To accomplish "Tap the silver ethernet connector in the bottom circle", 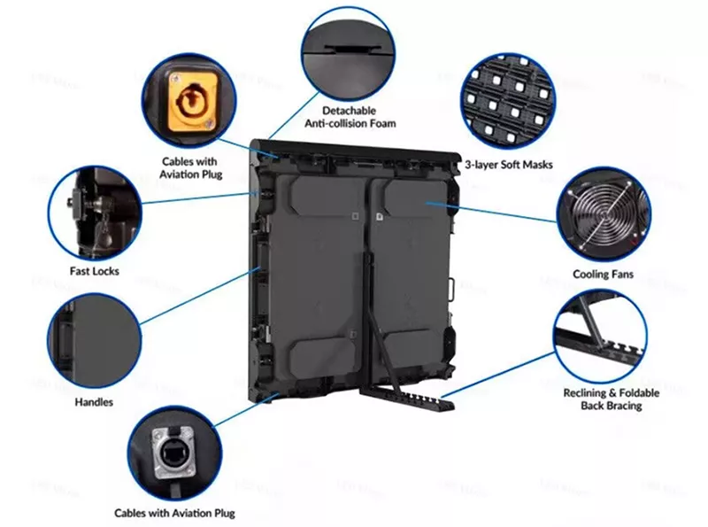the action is click(x=173, y=453).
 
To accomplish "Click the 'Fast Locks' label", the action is click(x=95, y=271).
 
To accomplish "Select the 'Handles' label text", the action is click(x=94, y=402).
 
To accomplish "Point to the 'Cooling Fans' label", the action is click(x=603, y=275).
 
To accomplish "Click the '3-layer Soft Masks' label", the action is click(x=509, y=165).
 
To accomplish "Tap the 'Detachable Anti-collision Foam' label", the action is click(x=350, y=117).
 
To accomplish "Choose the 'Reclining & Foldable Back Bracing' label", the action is click(x=611, y=399).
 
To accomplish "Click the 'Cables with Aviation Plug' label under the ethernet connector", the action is click(x=174, y=513).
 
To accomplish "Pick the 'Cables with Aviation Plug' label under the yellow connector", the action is click(x=190, y=167).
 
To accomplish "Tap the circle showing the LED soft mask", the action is click(x=507, y=102).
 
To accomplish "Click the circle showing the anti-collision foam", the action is click(x=348, y=54).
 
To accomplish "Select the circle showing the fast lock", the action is click(x=95, y=213).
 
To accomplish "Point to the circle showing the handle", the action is click(x=94, y=340).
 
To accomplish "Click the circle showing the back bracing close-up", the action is click(x=600, y=337).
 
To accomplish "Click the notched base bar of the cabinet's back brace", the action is click(x=407, y=398).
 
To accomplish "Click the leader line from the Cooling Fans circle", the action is click(x=492, y=213).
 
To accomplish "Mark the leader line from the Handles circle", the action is click(x=201, y=295).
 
